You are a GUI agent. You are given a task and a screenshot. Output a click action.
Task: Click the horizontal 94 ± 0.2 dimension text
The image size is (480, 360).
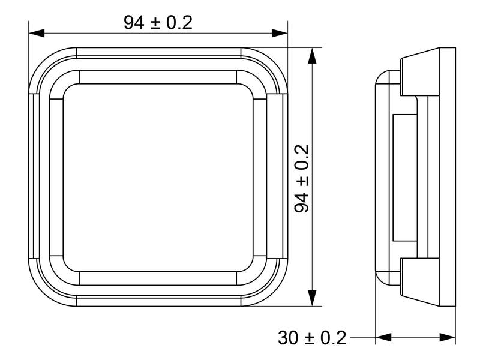[x=158, y=23]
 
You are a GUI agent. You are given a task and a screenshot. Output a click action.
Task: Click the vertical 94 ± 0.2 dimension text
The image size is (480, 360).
[x=302, y=178]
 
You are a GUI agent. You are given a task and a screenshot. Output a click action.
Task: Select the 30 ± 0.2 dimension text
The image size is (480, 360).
[x=312, y=338]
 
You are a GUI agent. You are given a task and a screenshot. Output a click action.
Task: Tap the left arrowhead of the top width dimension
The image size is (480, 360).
[x=37, y=33]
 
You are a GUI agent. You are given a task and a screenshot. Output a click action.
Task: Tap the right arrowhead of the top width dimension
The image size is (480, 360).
[x=280, y=33]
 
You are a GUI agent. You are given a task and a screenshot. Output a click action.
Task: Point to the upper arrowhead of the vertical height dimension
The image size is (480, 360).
[x=312, y=56]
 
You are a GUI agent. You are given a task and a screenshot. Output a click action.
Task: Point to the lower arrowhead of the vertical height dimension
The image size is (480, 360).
[x=312, y=298]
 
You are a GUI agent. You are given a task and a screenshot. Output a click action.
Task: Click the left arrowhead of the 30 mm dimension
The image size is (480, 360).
[x=383, y=338]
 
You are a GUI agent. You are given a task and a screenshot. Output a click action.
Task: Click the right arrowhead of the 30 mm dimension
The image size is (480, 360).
[x=448, y=338]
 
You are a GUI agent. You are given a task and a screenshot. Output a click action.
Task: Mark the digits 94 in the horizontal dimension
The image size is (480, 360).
[x=134, y=23]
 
